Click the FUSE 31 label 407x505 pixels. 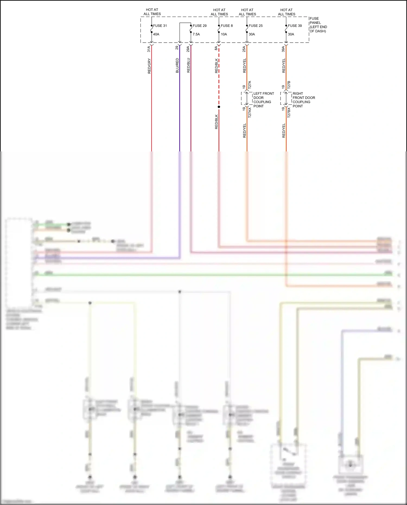(160, 26)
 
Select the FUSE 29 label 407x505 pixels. (199, 26)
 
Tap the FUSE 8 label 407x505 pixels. (227, 26)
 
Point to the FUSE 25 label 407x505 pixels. (256, 26)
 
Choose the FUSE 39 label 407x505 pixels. (295, 26)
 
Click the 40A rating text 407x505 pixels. (156, 34)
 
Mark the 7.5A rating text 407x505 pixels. (196, 34)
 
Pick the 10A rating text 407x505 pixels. (224, 34)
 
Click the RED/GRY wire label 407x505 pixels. (149, 66)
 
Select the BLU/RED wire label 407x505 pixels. (177, 65)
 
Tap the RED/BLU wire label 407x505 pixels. (188, 65)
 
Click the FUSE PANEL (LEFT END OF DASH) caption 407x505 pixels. (318, 25)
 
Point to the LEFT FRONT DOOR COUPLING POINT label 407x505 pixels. (263, 100)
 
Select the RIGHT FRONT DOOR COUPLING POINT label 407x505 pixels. (304, 100)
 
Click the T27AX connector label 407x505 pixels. (250, 112)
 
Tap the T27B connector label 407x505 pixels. (289, 85)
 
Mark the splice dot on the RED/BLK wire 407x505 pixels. (219, 107)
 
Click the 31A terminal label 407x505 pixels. (149, 49)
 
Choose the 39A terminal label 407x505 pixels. (283, 49)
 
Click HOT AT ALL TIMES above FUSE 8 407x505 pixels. (219, 12)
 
